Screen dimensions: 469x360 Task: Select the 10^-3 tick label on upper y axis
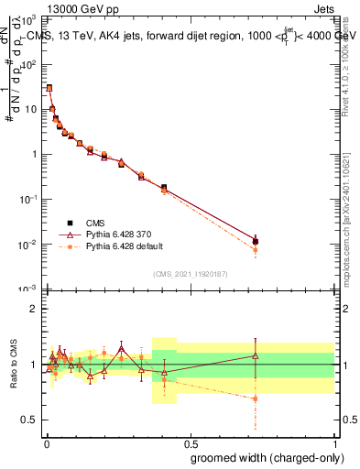click(x=29, y=289)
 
